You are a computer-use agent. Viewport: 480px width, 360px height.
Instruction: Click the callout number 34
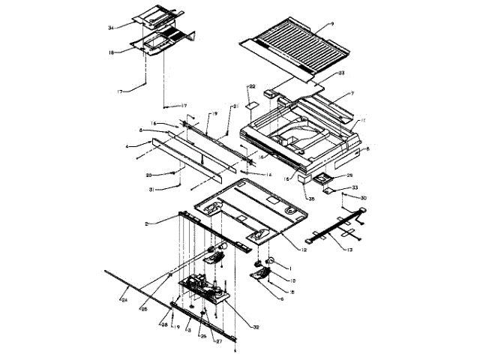tap(109, 28)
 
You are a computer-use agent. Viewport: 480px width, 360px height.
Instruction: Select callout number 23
tap(340, 73)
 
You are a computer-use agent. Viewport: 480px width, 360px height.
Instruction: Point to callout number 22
tap(253, 86)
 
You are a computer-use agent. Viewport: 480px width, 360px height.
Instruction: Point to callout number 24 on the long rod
tap(124, 299)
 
